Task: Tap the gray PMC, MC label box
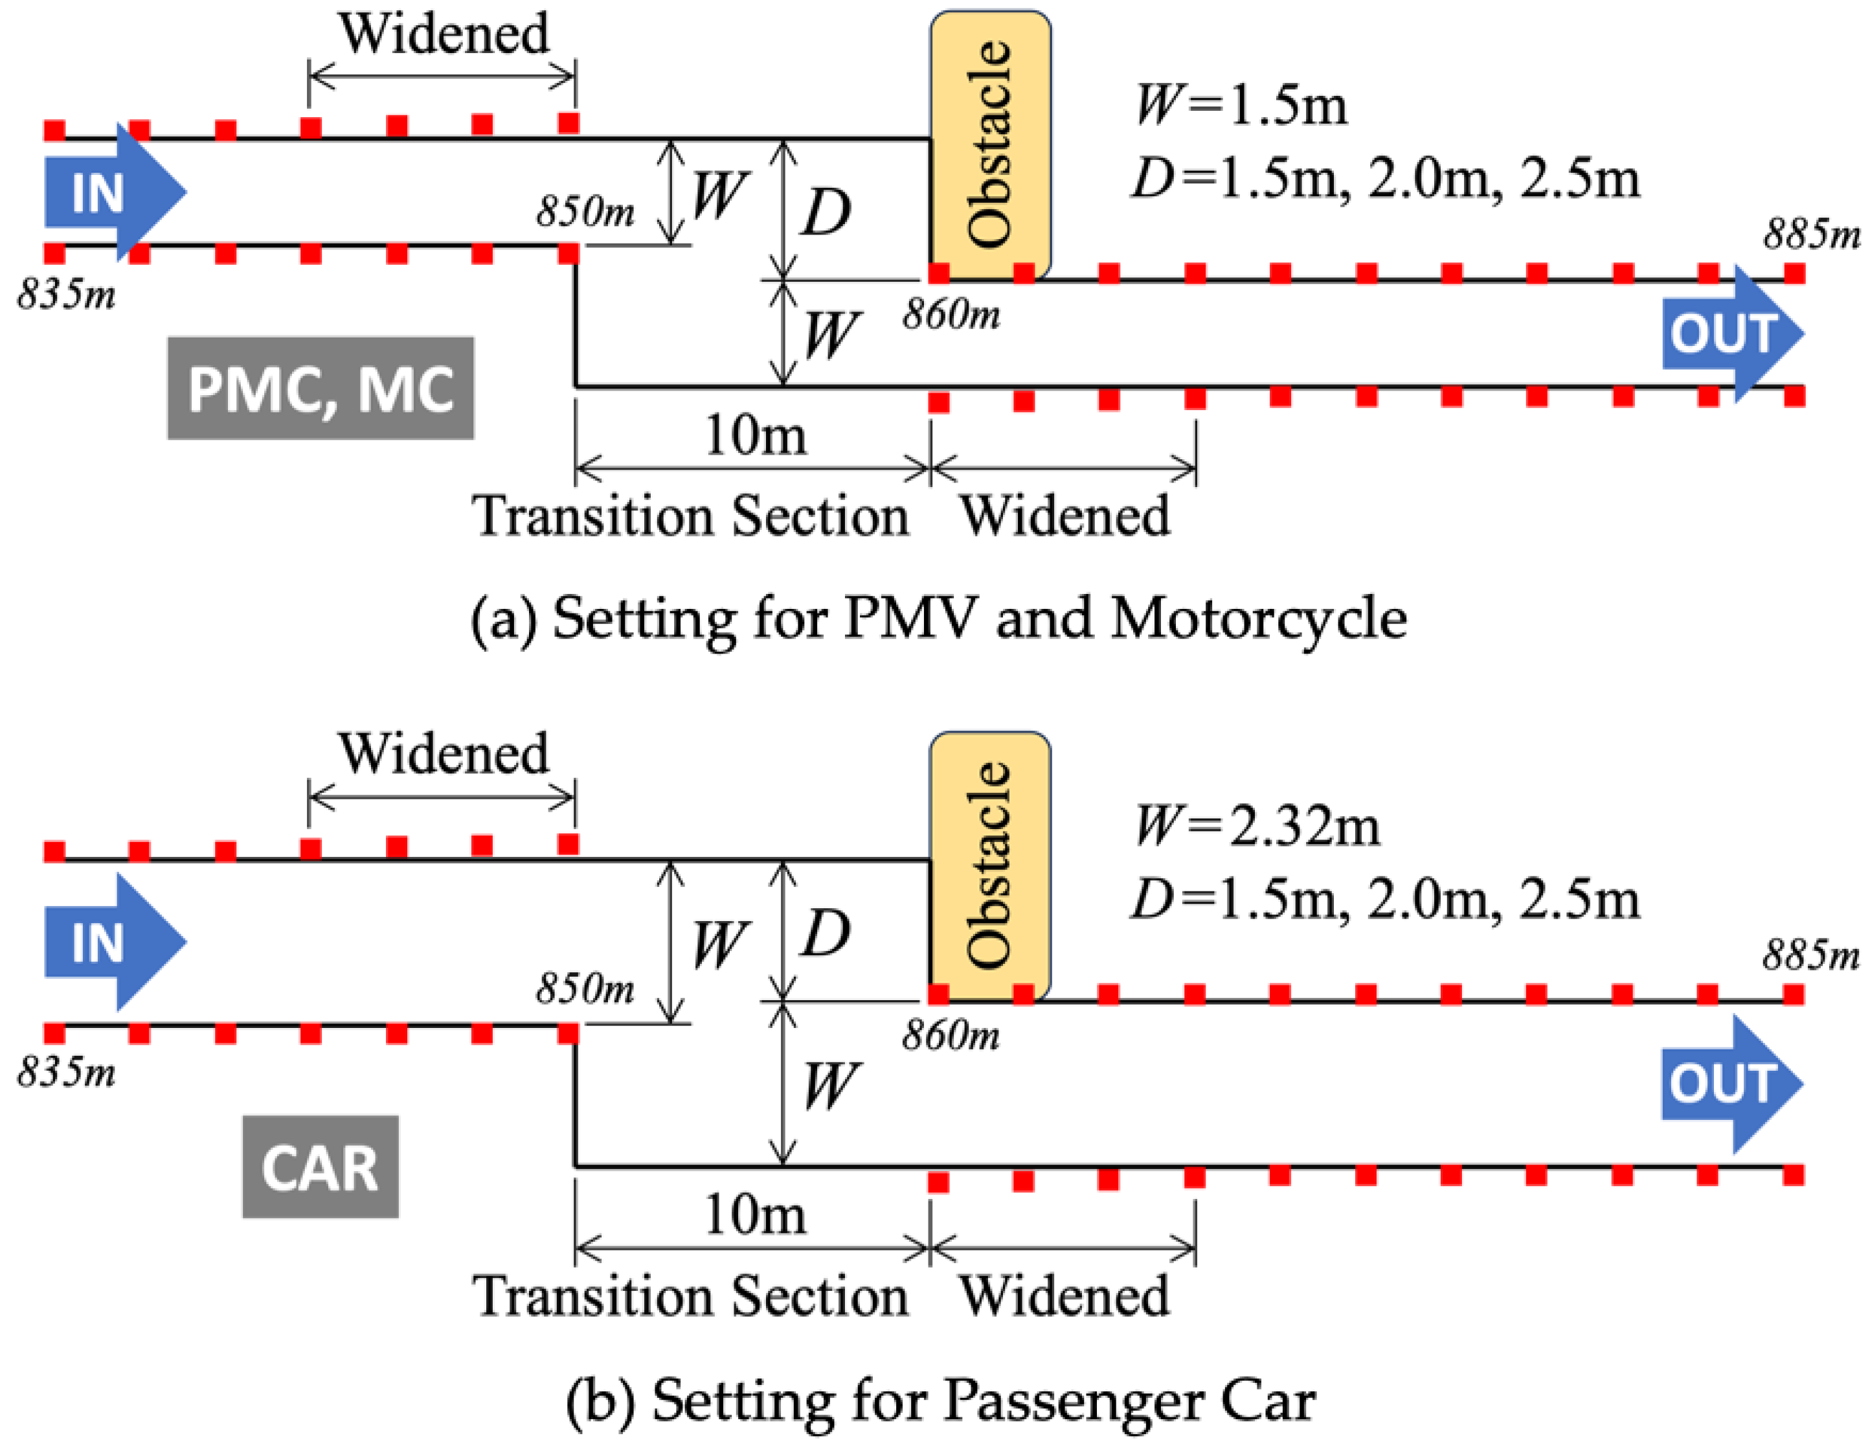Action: click(x=321, y=388)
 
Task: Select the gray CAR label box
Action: click(x=321, y=1167)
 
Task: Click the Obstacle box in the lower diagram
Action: click(x=991, y=865)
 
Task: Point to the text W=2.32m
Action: click(x=1256, y=827)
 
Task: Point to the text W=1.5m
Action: click(x=1241, y=106)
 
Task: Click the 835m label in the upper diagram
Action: click(x=67, y=295)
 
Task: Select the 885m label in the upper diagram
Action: click(x=1811, y=233)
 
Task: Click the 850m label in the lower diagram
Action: click(x=585, y=989)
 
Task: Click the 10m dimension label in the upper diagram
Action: click(x=755, y=435)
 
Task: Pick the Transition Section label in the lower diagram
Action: click(x=690, y=1295)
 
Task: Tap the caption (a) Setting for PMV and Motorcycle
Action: click(x=938, y=617)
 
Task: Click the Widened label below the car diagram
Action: click(x=1065, y=1295)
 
